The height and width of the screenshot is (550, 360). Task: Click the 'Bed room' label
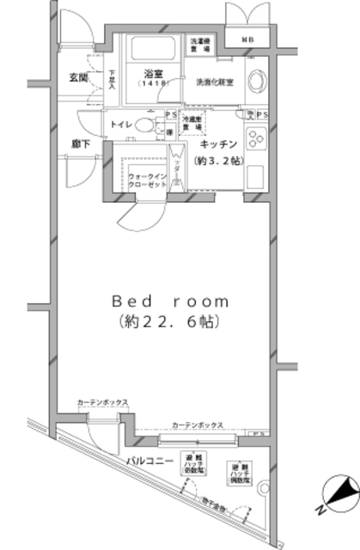click(x=170, y=302)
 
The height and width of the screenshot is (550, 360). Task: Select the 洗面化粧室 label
click(x=211, y=83)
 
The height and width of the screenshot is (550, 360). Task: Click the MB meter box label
click(x=247, y=39)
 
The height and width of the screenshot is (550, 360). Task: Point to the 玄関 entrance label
click(x=78, y=78)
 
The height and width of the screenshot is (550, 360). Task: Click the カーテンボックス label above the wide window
click(x=198, y=425)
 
